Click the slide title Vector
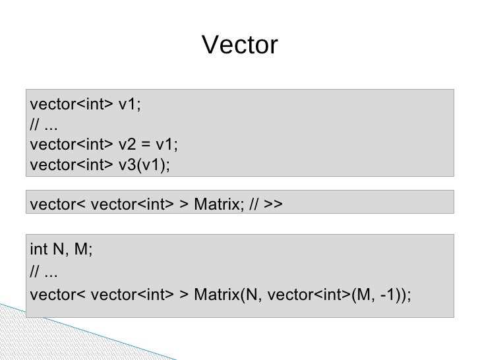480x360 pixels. [240, 45]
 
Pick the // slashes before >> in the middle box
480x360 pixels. [253, 205]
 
